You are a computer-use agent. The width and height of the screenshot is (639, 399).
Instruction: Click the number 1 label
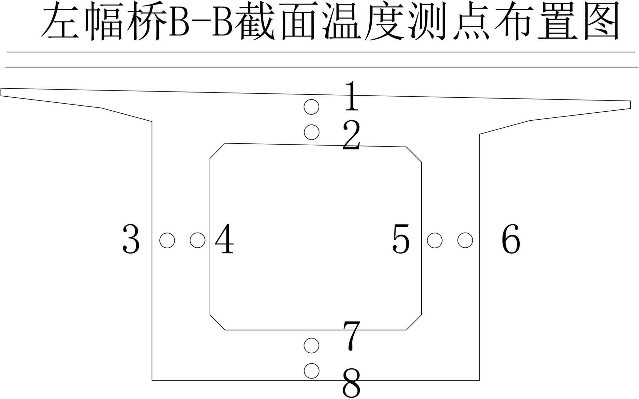tap(352, 96)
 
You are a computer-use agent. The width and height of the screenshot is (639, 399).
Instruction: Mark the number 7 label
tap(351, 336)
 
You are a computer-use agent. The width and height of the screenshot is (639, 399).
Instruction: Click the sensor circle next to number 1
tap(312, 107)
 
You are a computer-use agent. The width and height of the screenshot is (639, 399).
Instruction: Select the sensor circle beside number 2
tap(312, 132)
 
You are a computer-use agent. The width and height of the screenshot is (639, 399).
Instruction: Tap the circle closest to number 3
tap(167, 240)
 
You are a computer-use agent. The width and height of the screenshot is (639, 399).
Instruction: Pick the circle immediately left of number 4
tap(197, 240)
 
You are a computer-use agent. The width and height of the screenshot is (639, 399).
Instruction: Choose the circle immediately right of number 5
tap(435, 240)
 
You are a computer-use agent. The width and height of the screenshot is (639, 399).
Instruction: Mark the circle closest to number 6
tap(465, 240)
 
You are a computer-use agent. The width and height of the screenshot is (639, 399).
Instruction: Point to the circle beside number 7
tap(312, 346)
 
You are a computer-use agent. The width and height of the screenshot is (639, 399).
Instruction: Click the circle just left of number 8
tap(312, 371)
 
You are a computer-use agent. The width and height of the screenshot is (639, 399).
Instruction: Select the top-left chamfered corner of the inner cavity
tap(217, 151)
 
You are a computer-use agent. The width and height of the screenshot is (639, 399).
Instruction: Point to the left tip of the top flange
tap(1, 92)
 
